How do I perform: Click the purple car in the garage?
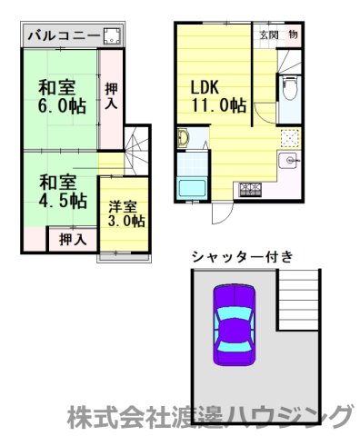[235, 324]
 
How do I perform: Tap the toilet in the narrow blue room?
[289, 90]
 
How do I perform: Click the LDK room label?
[205, 88]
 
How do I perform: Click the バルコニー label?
[58, 37]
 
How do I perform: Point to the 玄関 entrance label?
[269, 35]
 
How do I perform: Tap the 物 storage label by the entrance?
[294, 35]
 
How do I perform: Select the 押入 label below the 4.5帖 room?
[73, 240]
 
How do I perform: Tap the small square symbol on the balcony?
[115, 37]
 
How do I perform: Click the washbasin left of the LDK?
[182, 139]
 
